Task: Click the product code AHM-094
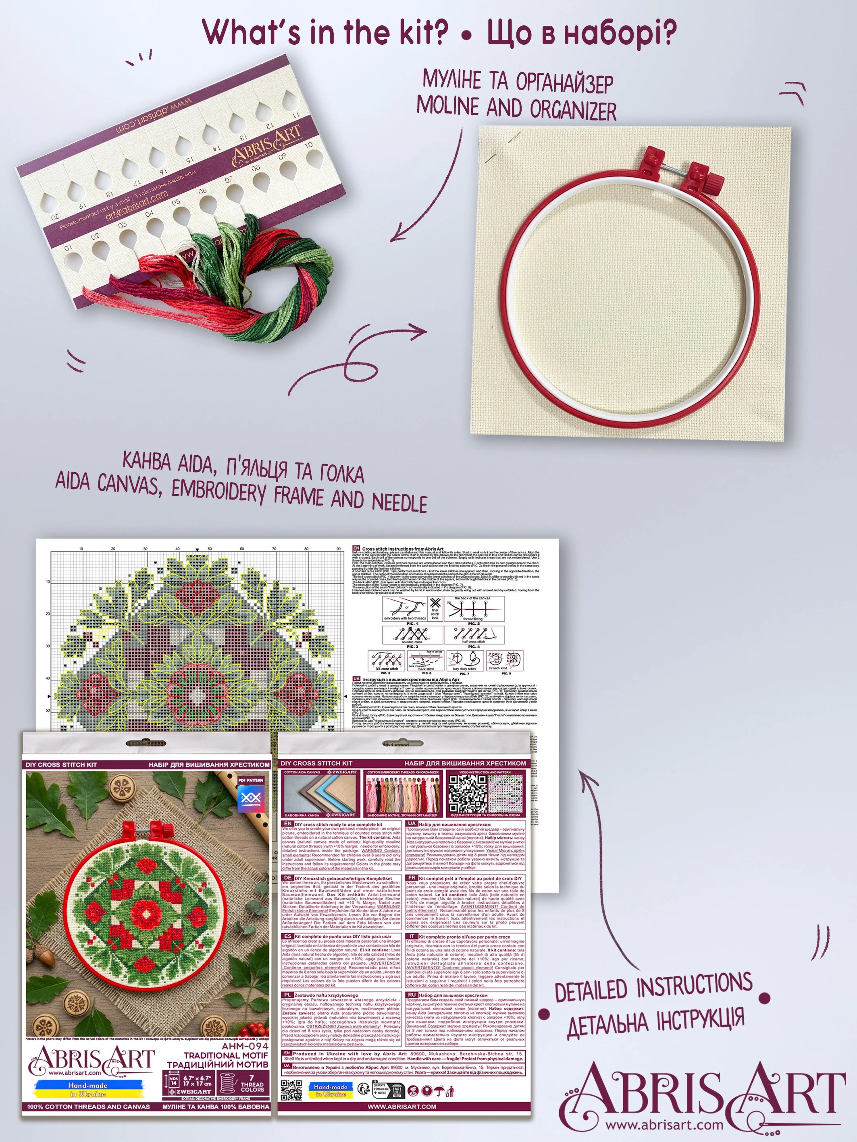pyautogui.click(x=245, y=1046)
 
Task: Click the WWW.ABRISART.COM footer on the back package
pyautogui.click(x=401, y=1107)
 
